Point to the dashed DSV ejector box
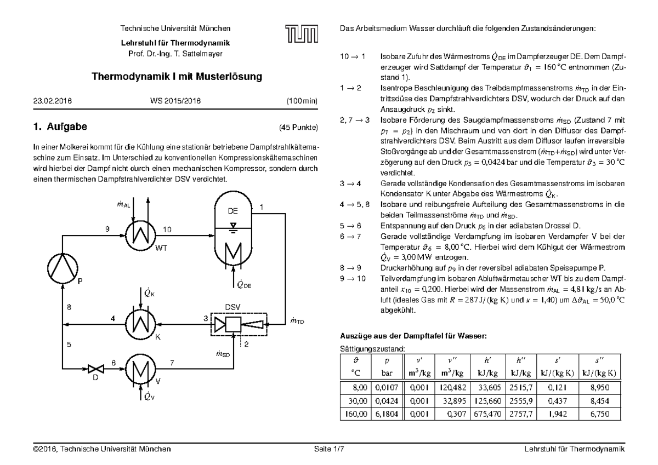[x=240, y=326]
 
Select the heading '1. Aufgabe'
[x=60, y=128]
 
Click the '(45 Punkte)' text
[x=298, y=128]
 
